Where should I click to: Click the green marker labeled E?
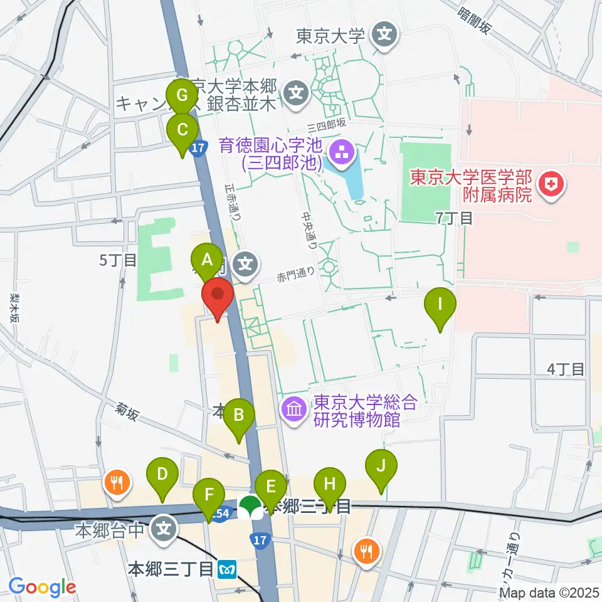pos(271,487)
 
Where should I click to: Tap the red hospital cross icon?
pos(552,185)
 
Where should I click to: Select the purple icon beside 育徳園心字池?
pos(342,150)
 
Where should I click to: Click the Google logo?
pos(42,588)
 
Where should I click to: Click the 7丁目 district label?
pos(454,218)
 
